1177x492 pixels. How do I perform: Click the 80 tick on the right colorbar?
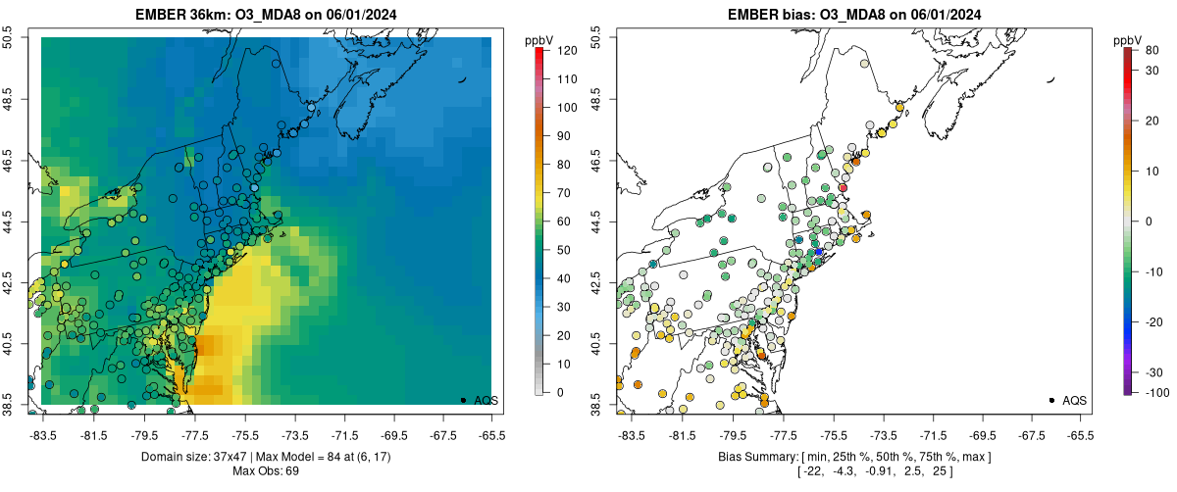[1151, 49]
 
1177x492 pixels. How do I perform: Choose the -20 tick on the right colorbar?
[1149, 321]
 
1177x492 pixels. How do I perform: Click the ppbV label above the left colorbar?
[539, 39]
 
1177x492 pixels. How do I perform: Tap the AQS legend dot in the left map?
[463, 400]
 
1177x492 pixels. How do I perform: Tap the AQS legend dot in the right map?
[1051, 400]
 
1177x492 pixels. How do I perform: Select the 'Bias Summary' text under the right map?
[755, 458]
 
